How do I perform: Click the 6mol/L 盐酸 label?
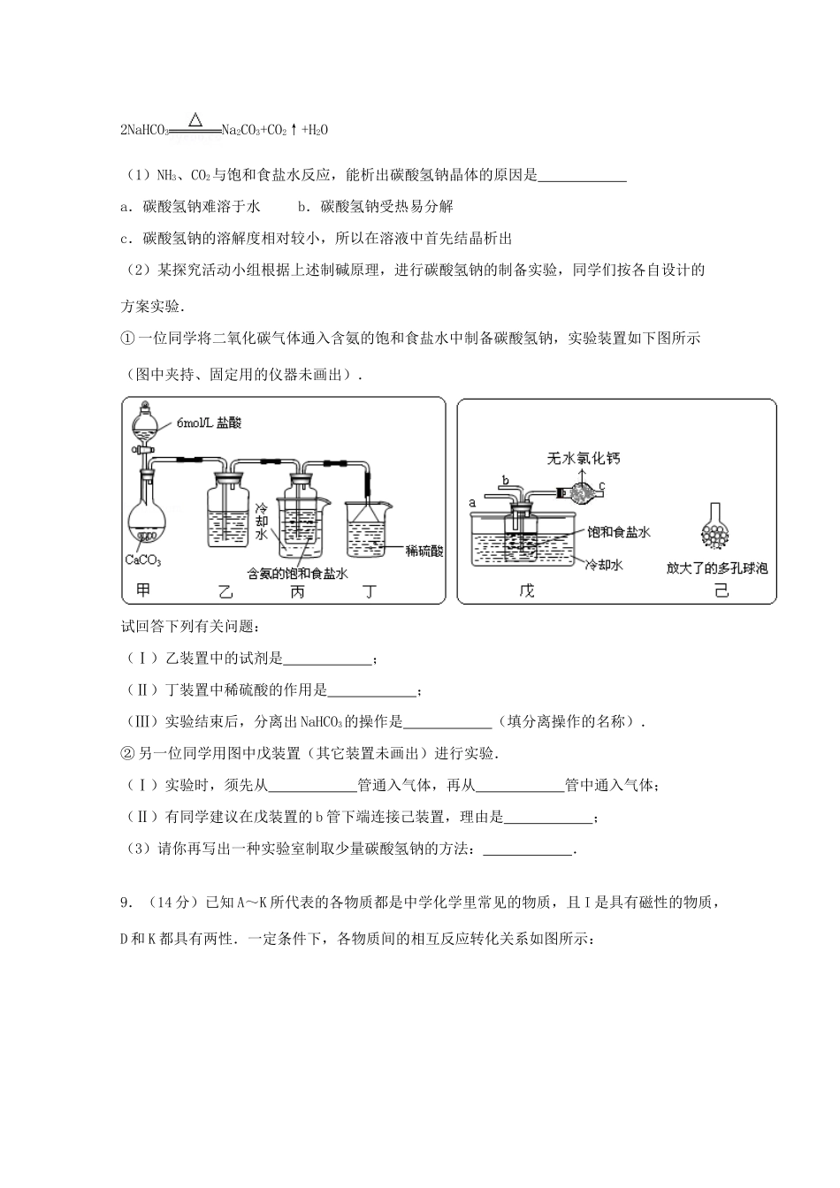[209, 423]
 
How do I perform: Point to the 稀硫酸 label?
[424, 551]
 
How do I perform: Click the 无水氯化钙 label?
[584, 458]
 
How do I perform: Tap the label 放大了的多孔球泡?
[717, 567]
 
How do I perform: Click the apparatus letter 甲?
[141, 590]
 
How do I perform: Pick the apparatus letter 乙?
[225, 590]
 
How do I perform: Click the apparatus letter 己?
[721, 590]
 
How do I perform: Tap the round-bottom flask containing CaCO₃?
[148, 522]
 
